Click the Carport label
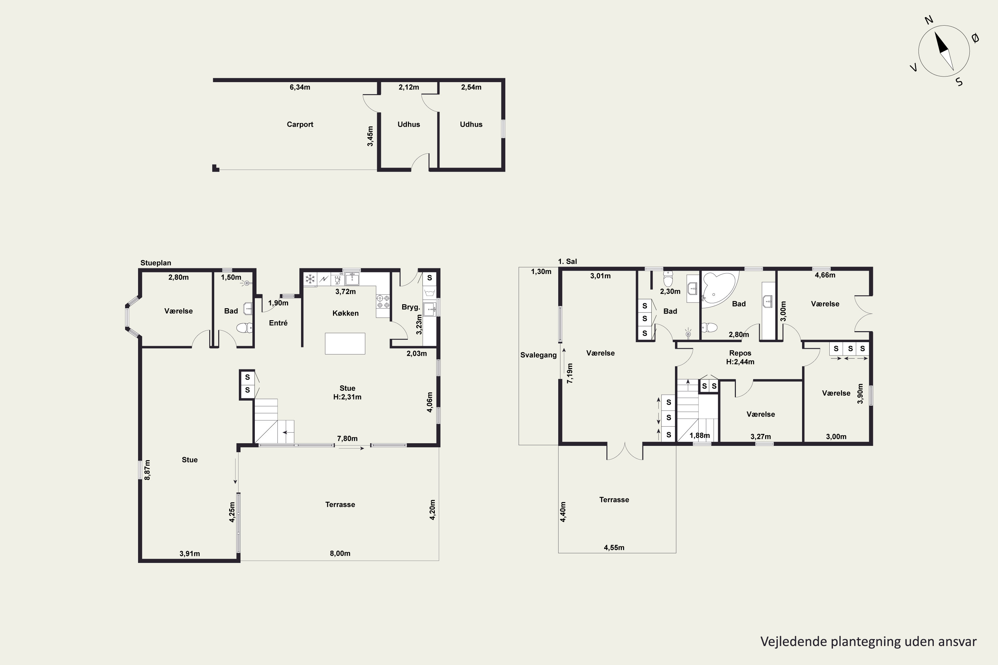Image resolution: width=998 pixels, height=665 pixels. [x=300, y=124]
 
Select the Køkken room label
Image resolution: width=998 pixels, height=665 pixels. [x=345, y=313]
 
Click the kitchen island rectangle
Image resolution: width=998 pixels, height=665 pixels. [x=345, y=343]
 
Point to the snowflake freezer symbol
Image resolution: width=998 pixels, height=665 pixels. [x=310, y=279]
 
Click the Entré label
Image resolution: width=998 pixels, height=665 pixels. [x=278, y=323]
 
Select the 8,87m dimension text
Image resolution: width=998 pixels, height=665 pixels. [x=147, y=470]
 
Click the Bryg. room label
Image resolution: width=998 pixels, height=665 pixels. [x=411, y=307]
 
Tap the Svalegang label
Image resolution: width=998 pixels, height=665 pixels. [x=539, y=355]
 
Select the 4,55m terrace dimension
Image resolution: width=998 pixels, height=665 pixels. [x=614, y=548]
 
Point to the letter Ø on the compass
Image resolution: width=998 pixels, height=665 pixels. [x=975, y=38]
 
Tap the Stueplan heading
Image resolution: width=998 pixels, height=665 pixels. [x=156, y=263]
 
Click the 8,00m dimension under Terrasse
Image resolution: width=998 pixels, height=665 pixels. [x=340, y=554]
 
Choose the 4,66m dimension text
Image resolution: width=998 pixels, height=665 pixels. [x=825, y=275]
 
